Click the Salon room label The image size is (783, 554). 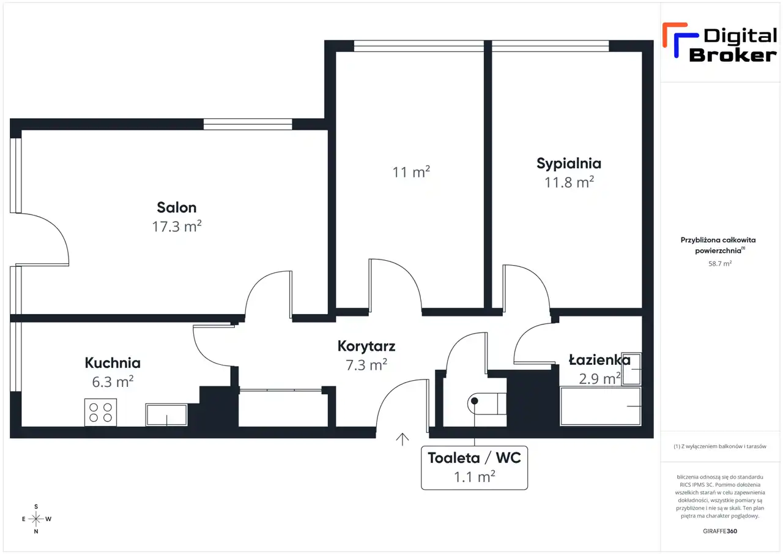pos(177,208)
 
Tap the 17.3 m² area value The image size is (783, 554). pos(177,226)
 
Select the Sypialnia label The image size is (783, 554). pos(569,163)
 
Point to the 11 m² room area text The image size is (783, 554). pos(411,172)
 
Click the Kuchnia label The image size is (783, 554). pos(113,362)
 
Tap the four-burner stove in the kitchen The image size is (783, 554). pos(101,413)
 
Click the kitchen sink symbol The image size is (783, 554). pos(167,415)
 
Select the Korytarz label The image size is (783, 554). pos(366,346)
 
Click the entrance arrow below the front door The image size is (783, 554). pos(403,440)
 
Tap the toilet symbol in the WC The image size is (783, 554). pos(487,403)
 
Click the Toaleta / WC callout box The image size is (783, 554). pos(474,468)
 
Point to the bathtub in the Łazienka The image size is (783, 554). pos(601,406)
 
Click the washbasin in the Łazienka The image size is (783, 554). pos(631,369)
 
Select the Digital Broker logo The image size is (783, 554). pos(720,42)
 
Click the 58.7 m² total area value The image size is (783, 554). pos(720,263)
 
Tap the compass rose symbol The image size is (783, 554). pos(36,518)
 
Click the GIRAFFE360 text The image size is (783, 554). pos(720,531)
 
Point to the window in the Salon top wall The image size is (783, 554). pos(248,124)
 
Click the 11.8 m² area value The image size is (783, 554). pos(569,182)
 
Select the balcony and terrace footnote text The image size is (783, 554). pos(720,446)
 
